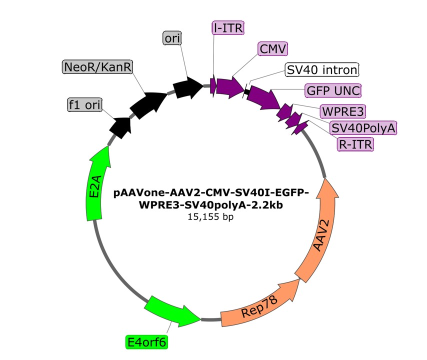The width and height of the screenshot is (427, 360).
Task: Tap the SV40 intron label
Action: point(322,69)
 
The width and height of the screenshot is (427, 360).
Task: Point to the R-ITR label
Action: point(355,144)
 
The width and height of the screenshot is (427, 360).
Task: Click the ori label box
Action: point(173,37)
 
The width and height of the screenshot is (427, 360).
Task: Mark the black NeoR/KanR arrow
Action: point(148,103)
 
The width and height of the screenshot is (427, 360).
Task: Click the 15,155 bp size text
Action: point(210,217)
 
